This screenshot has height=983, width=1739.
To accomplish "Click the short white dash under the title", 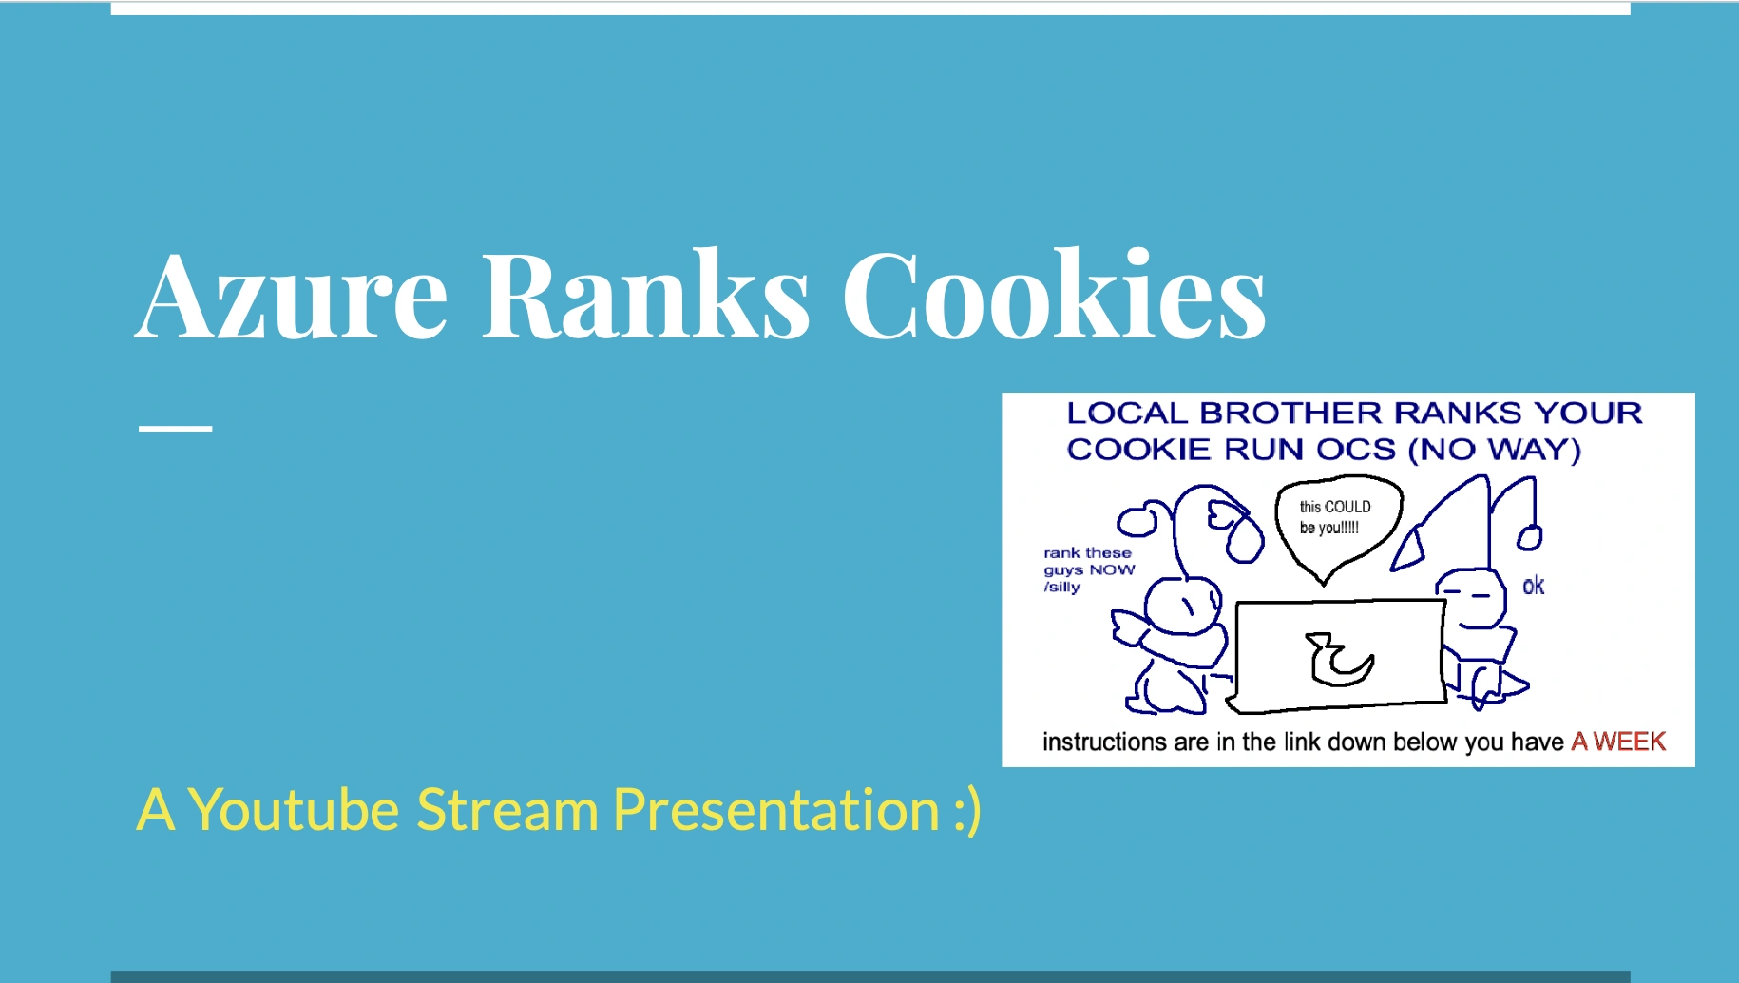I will click(175, 429).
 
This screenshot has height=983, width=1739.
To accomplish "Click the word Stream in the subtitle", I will click(507, 810).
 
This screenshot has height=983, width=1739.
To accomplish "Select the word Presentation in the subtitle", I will click(775, 810).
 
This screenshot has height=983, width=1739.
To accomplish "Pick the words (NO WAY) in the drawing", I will click(1495, 450).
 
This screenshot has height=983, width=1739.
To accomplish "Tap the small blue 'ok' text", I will click(1533, 586).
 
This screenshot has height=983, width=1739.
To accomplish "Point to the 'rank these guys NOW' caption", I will click(1088, 569).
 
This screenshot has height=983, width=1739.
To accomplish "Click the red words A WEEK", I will click(1617, 742).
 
